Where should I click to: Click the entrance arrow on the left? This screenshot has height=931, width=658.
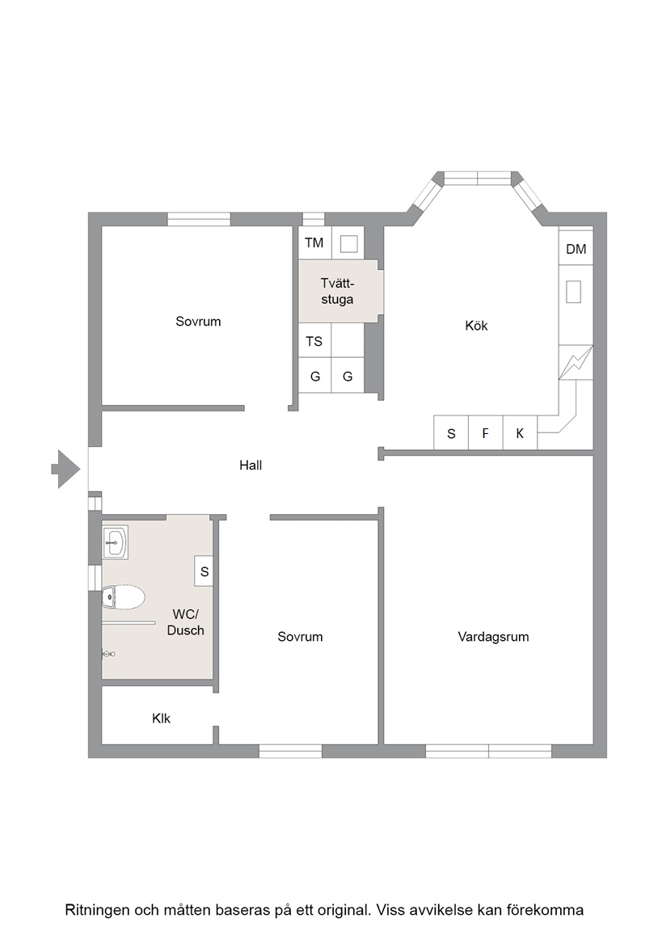66,469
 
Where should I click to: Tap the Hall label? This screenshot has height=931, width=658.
251,465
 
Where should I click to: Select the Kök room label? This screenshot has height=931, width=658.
476,326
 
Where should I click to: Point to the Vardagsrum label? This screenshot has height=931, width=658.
493,637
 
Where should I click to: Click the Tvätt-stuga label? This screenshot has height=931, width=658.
337,291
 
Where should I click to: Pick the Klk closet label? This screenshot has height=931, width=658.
161,718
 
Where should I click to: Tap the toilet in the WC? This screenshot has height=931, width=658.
124,597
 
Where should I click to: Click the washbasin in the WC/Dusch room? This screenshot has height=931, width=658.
115,541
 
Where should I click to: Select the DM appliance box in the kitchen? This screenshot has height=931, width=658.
576,249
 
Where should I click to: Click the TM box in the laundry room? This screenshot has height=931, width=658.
314,242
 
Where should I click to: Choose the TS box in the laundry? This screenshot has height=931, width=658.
314,341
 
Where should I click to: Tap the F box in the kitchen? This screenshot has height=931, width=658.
485,433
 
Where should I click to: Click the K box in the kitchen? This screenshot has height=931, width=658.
520,433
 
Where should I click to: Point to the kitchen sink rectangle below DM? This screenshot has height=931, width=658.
573,292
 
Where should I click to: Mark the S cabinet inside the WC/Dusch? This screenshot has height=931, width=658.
205,571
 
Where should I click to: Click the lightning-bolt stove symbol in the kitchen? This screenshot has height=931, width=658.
576,362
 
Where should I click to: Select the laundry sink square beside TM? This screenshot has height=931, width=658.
348,243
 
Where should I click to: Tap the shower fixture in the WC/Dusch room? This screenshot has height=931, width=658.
108,654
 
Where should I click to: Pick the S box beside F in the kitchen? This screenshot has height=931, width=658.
451,433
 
